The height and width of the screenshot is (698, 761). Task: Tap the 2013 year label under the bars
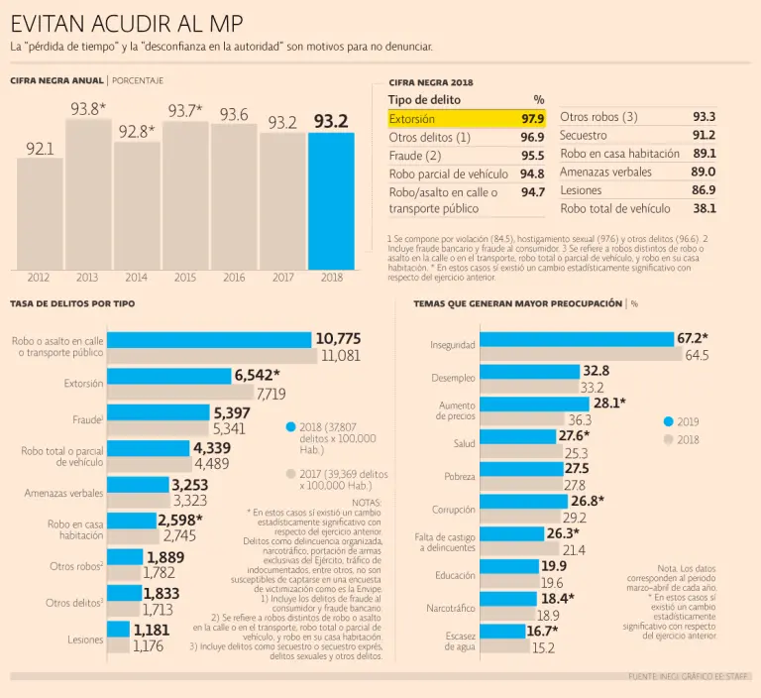coord(88,278)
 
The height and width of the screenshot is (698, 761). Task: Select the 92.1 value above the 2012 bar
coord(40,149)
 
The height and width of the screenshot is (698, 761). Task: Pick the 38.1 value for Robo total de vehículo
coord(705,208)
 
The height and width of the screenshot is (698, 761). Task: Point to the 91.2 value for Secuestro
coord(705,135)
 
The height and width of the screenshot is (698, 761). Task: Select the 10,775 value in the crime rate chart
coord(338,338)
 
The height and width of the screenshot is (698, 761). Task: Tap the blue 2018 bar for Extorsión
coord(168,376)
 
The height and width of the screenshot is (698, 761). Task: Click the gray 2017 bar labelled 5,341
coord(159,429)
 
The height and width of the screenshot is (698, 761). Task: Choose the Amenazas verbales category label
coord(64,493)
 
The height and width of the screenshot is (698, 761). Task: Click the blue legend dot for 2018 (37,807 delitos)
coord(290,427)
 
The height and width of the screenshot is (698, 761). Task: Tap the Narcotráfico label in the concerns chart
coord(451,607)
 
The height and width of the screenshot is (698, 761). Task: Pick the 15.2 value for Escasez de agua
coord(543,648)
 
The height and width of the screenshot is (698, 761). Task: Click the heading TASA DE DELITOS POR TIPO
coord(72,303)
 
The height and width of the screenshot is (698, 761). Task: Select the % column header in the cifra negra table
coord(538,99)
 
